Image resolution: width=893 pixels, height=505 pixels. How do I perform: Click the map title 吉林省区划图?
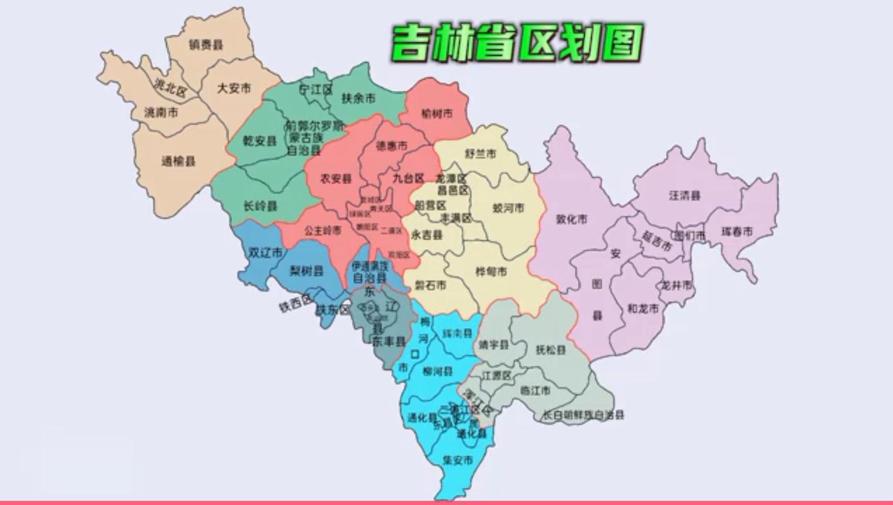[516, 43]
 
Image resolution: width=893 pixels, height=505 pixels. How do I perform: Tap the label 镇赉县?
[206, 45]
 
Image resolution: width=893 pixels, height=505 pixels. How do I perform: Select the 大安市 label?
[234, 88]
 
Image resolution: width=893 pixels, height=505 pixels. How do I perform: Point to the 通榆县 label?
[179, 161]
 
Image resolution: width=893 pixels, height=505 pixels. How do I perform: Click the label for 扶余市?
[358, 98]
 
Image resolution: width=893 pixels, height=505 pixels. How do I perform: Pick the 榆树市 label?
[437, 114]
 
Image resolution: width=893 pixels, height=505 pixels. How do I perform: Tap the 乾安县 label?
[260, 141]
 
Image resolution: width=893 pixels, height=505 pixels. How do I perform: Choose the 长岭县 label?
[260, 206]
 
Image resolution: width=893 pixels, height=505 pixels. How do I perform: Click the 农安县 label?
[335, 179]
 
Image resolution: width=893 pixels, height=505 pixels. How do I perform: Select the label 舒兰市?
[480, 153]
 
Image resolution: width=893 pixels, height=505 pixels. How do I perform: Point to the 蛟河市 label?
[508, 208]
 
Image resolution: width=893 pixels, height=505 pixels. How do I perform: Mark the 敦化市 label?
[571, 219]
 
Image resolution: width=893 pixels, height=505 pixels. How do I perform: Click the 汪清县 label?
[685, 196]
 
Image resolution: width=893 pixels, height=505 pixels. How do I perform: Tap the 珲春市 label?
[737, 232]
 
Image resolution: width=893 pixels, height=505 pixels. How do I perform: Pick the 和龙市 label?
[642, 309]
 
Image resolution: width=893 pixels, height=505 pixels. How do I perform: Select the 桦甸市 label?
[491, 272]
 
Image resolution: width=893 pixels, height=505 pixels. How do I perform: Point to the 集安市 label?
[458, 460]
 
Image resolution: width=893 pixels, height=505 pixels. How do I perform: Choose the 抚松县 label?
[550, 350]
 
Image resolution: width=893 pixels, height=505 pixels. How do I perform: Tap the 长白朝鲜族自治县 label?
[584, 415]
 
